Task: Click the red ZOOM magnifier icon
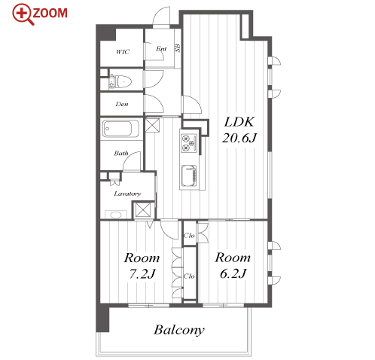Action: tap(23, 14)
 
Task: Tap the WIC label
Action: tap(123, 52)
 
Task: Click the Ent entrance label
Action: tap(161, 49)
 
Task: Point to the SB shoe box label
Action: tap(178, 48)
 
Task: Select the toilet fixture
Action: tap(120, 81)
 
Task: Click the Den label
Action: tap(122, 104)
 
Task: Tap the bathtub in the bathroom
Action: tap(120, 129)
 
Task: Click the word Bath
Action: tap(121, 153)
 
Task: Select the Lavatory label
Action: tap(127, 194)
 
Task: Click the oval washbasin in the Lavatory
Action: tap(116, 215)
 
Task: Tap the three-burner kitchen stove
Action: tap(189, 143)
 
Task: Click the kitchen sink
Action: tap(189, 176)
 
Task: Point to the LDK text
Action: tap(239, 122)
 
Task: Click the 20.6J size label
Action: tap(239, 138)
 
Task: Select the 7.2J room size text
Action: tap(142, 274)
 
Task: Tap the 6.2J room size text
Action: tap(233, 273)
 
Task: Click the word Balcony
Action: tap(179, 330)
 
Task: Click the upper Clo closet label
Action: tap(189, 236)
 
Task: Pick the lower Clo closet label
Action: tap(189, 276)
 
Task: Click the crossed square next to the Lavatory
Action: tap(143, 210)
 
